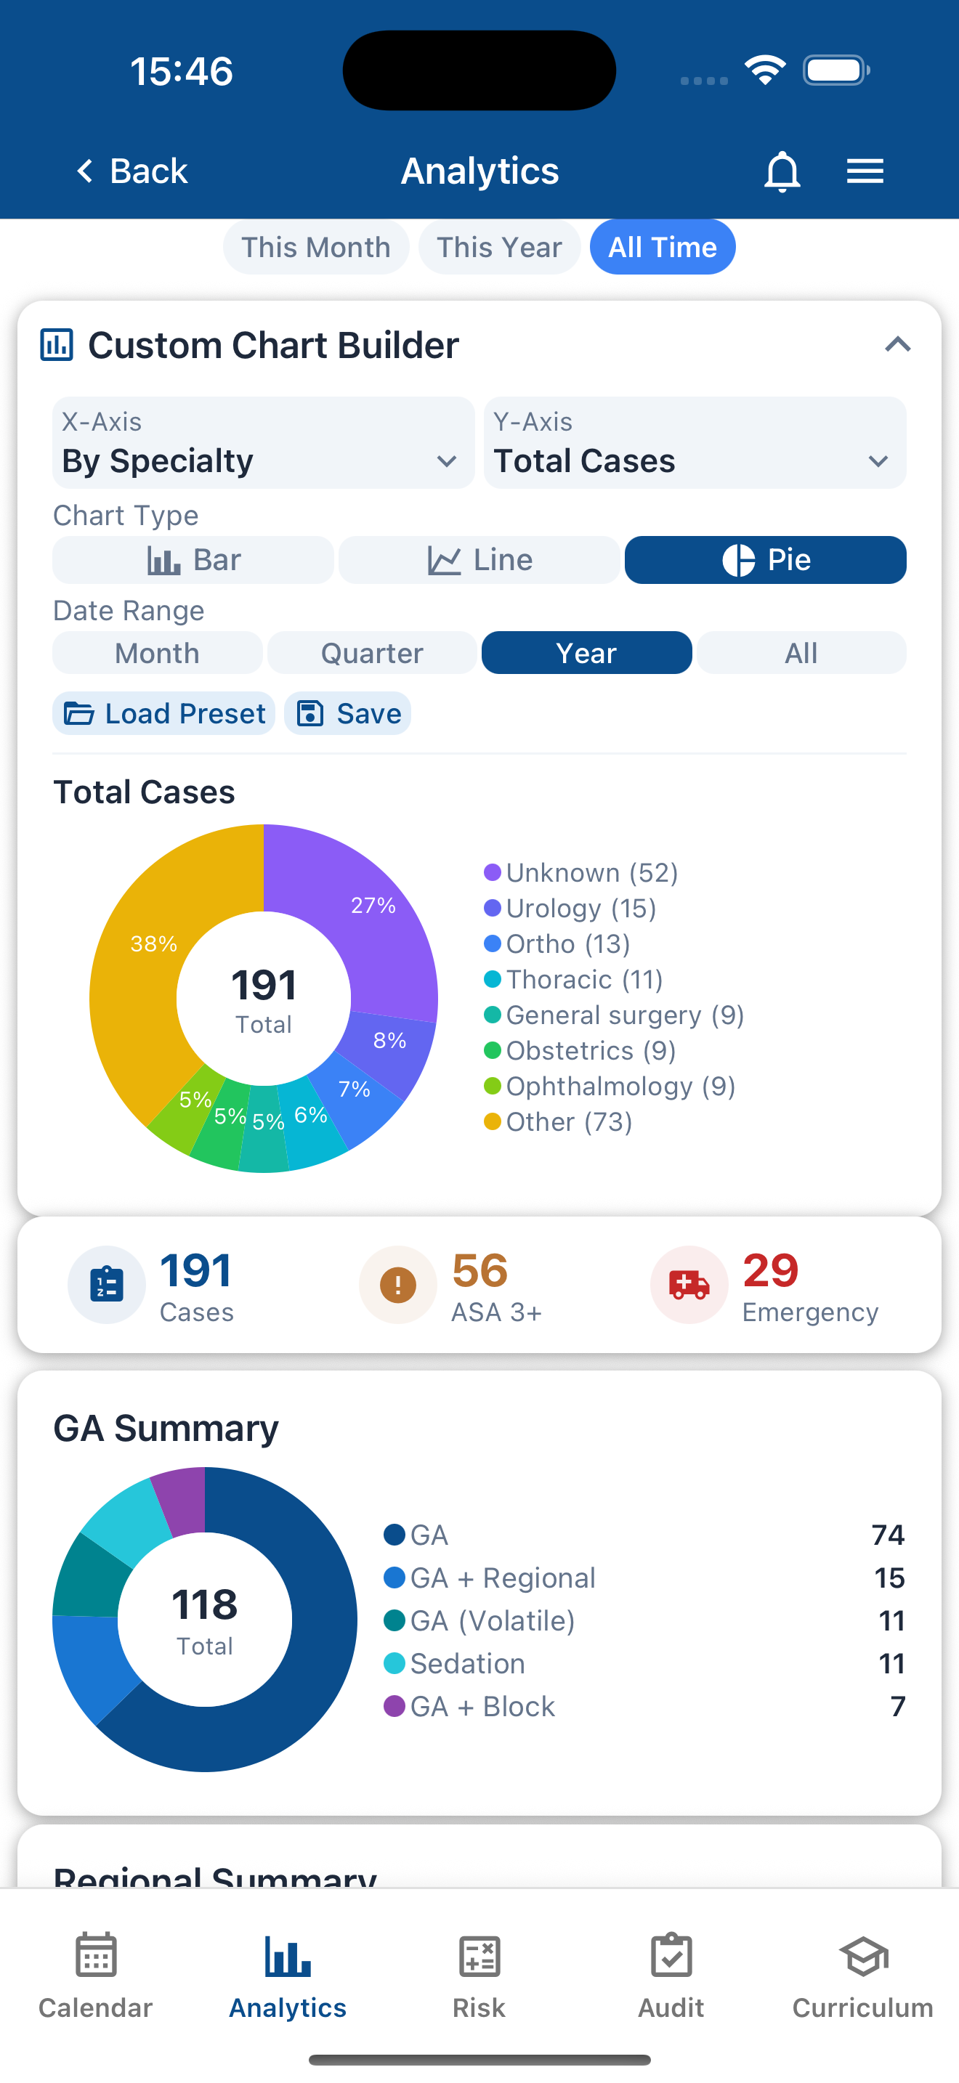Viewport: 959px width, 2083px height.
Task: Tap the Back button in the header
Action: pos(131,171)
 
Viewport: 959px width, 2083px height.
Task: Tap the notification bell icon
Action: pos(781,171)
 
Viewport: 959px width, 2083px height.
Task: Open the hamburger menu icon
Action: pos(865,171)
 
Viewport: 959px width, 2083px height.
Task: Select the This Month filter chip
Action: pos(315,248)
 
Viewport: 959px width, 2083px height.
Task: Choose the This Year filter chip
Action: pos(499,248)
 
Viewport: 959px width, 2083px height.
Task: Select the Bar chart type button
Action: pos(193,559)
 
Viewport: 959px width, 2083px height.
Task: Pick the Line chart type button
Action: pos(479,559)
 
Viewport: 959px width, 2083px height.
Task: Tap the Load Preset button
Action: pos(164,713)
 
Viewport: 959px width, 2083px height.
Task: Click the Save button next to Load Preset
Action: pos(348,713)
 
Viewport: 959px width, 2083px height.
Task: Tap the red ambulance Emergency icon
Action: pos(689,1284)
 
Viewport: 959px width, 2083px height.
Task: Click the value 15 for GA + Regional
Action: pos(889,1578)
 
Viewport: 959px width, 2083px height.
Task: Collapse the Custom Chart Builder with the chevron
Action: pos(897,345)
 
